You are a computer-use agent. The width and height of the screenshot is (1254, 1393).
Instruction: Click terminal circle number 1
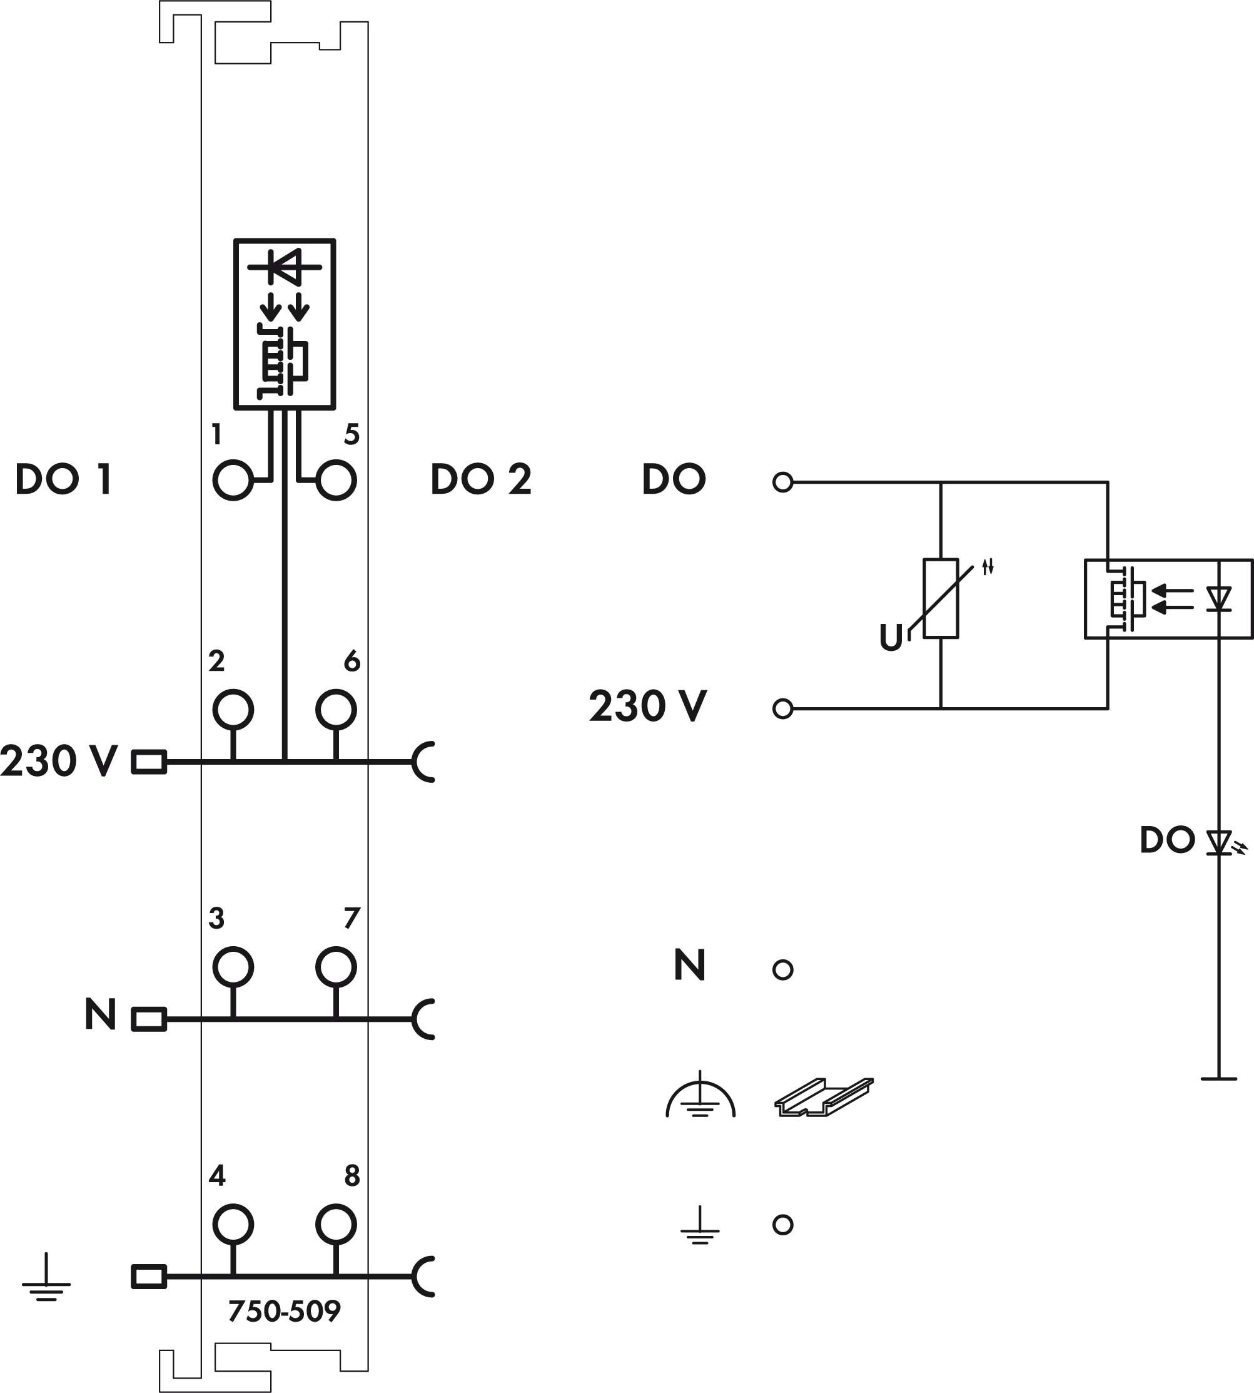pyautogui.click(x=233, y=480)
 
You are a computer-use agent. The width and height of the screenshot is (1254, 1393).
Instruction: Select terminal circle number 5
pyautogui.click(x=336, y=480)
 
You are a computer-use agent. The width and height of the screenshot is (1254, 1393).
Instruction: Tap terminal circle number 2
pyautogui.click(x=233, y=709)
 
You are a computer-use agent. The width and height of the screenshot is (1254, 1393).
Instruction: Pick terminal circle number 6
pyautogui.click(x=336, y=709)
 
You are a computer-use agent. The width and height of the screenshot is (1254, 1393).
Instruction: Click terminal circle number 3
pyautogui.click(x=233, y=967)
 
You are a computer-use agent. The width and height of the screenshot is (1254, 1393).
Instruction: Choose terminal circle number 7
pyautogui.click(x=336, y=967)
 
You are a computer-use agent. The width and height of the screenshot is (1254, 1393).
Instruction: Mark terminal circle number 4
pyautogui.click(x=233, y=1225)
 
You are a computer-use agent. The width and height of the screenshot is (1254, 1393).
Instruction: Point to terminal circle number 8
pyautogui.click(x=336, y=1225)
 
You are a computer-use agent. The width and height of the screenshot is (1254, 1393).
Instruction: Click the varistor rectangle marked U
pyautogui.click(x=941, y=598)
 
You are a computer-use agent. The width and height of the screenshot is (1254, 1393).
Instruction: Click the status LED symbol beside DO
pyautogui.click(x=1219, y=842)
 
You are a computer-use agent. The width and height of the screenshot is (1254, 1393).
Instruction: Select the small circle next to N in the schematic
pyautogui.click(x=782, y=970)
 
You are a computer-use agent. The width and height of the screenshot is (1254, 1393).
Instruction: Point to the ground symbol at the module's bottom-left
pyautogui.click(x=46, y=1280)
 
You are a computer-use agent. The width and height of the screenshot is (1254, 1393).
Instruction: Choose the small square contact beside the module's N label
pyautogui.click(x=149, y=1019)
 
